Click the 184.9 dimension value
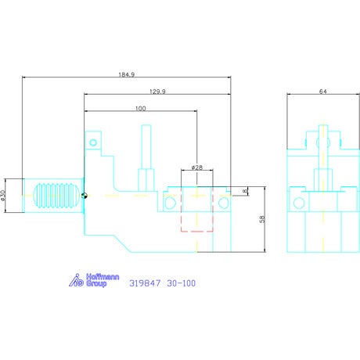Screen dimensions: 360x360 pos(127,74)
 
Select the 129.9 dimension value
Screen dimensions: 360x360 pos(157,92)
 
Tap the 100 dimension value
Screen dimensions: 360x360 pos(140,109)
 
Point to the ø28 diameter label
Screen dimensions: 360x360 pos(197,167)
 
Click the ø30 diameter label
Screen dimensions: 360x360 pos(3,196)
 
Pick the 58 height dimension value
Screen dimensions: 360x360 pos(262,219)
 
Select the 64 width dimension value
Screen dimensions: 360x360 pos(323,92)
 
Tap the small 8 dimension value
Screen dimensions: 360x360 pos(245,191)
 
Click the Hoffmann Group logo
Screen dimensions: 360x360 pos(94,280)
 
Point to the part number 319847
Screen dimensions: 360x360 pos(145,283)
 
